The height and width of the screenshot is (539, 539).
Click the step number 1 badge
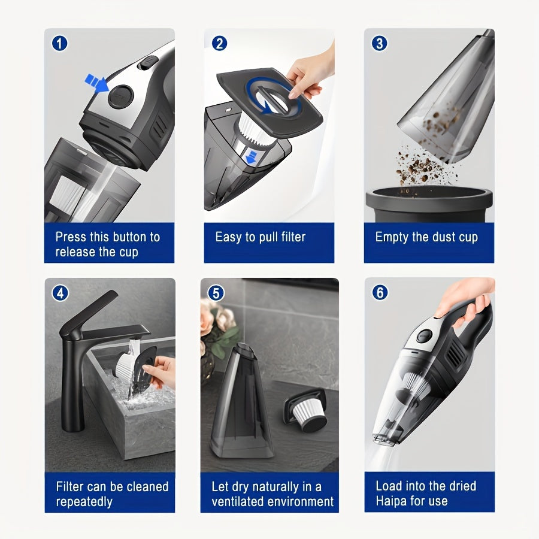pos(60,44)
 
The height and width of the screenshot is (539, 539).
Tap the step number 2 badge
pos(220,43)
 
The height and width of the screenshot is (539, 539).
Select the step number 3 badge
pos(380,43)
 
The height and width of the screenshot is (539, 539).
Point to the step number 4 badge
pos(60,293)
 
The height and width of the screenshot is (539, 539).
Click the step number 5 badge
pos(216,293)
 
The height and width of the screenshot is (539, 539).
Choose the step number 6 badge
pos(380,293)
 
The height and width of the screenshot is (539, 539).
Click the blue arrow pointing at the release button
pos(95,82)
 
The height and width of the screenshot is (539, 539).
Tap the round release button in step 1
pos(120,96)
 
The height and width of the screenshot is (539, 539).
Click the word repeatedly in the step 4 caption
pos(84,502)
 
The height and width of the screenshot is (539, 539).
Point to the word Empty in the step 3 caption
pos(392,237)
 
